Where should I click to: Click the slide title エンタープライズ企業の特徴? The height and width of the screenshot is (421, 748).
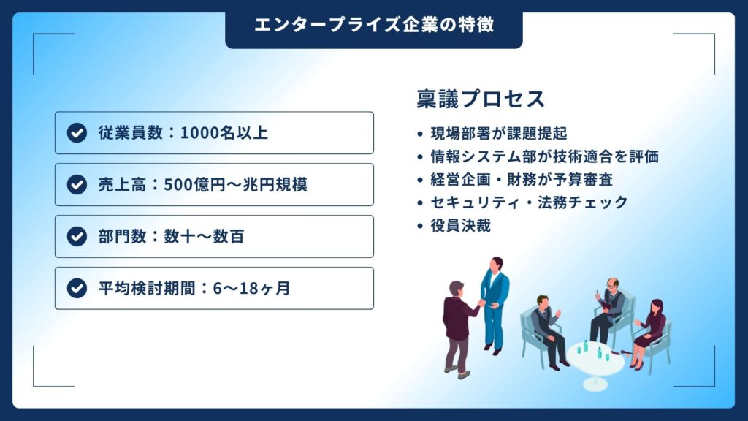point(374,25)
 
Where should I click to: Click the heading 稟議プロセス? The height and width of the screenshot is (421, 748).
point(481,99)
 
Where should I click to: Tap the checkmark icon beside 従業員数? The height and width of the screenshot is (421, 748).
point(77,133)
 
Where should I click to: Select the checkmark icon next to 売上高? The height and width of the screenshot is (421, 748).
point(77,185)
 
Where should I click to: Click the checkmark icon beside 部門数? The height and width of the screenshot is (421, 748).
point(77,236)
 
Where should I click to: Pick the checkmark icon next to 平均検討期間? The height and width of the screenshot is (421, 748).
point(77,288)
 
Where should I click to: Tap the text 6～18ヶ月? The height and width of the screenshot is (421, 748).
point(251,288)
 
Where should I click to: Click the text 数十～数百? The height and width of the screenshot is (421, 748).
point(205,236)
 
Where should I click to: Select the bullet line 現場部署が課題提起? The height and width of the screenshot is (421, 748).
point(498,134)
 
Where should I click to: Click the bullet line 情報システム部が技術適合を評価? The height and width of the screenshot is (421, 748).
point(545,156)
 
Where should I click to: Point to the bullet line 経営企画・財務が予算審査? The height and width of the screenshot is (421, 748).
point(522,180)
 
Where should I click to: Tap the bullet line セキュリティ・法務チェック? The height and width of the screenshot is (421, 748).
point(530,202)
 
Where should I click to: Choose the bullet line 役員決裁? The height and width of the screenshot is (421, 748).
point(461,225)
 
